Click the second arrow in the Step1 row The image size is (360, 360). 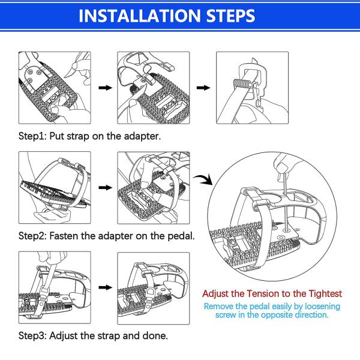(204, 88)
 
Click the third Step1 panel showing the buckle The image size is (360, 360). (252, 88)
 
